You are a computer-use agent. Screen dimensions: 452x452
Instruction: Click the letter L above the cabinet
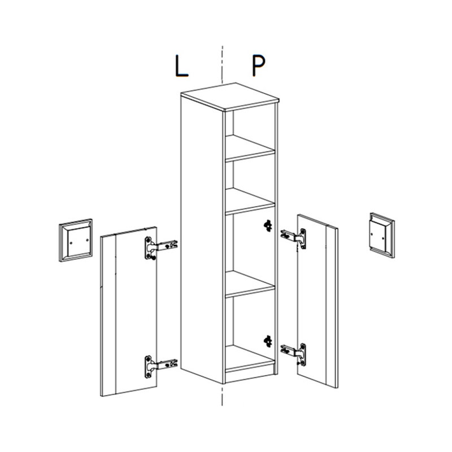click(x=181, y=66)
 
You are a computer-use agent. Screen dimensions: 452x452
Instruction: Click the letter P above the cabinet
click(x=259, y=66)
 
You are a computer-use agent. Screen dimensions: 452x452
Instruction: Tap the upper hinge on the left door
click(x=160, y=247)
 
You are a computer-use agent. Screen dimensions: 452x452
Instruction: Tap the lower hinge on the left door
click(x=160, y=366)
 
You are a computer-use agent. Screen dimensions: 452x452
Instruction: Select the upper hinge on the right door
click(x=293, y=238)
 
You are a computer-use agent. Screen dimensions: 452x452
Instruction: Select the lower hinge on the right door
click(x=293, y=354)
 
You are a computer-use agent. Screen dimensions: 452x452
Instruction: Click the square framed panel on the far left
click(x=76, y=241)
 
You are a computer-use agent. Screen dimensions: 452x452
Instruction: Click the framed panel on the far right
click(x=382, y=235)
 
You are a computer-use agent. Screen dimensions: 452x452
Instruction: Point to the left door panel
click(x=129, y=311)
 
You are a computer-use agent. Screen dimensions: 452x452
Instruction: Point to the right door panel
click(x=318, y=301)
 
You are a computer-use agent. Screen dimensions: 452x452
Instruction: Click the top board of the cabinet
click(x=230, y=97)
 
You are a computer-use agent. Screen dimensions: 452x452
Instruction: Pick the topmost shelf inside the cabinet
click(x=250, y=148)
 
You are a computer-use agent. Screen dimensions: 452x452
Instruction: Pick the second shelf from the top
click(x=250, y=201)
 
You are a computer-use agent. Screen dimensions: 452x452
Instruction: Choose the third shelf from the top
click(x=250, y=284)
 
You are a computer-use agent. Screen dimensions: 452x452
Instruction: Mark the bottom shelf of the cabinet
click(x=250, y=358)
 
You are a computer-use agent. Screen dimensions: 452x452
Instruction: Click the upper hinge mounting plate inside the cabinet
click(x=268, y=225)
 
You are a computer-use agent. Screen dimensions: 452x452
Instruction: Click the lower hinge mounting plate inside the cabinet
click(x=268, y=341)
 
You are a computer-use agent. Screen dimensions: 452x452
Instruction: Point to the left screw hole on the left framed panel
click(x=71, y=243)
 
